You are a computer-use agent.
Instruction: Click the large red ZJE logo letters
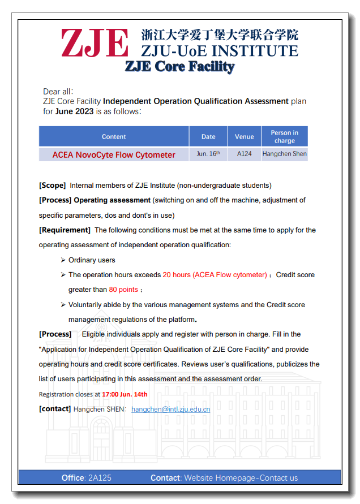click(x=95, y=43)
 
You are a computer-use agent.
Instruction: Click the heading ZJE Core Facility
click(x=179, y=67)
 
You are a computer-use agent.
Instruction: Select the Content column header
click(x=114, y=137)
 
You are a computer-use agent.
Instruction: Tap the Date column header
click(x=208, y=137)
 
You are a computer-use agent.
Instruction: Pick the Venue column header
click(x=244, y=137)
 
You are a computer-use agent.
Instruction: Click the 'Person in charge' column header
click(x=284, y=137)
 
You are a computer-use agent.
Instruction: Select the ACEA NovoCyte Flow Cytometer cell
click(x=114, y=154)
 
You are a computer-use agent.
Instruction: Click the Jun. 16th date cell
click(x=208, y=154)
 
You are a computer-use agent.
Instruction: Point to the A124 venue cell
click(x=244, y=154)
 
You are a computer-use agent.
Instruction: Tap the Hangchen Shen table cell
click(x=284, y=154)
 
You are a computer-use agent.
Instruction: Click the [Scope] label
click(x=52, y=186)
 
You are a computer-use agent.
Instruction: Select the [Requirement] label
click(x=65, y=230)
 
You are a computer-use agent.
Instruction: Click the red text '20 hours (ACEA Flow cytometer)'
click(x=215, y=275)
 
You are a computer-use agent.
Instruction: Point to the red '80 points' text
click(x=123, y=290)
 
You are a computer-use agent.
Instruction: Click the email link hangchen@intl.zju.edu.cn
click(x=170, y=409)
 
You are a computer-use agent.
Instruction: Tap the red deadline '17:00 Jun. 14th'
click(x=125, y=394)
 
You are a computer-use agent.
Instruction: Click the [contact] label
click(x=55, y=409)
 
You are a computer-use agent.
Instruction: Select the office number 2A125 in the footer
click(x=100, y=478)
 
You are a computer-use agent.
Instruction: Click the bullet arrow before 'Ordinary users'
click(x=63, y=260)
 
